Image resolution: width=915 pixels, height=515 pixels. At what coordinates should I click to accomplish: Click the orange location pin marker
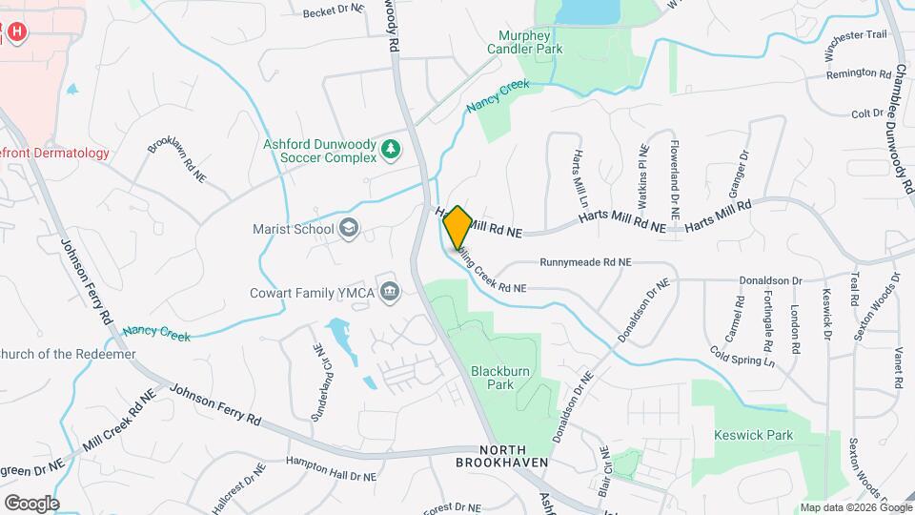457,227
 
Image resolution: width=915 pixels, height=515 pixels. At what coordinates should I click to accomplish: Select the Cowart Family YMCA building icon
389,291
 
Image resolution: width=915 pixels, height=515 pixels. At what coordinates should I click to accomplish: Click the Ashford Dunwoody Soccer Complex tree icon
390,150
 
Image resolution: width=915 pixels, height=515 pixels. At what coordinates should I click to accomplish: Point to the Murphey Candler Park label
524,41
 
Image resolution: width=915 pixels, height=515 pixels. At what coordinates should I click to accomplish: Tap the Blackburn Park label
493,377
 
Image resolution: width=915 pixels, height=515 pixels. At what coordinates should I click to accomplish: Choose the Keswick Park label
753,435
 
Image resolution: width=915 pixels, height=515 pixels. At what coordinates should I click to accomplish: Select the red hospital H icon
16,32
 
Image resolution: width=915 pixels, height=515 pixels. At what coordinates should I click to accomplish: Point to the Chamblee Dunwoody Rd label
901,130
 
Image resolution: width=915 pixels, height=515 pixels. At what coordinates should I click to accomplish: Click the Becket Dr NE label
334,11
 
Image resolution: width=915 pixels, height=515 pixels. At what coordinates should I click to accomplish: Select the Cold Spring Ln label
742,357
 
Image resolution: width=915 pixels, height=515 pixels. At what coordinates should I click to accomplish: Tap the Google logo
31,503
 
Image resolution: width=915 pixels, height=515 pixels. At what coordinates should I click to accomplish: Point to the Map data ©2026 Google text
855,507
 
